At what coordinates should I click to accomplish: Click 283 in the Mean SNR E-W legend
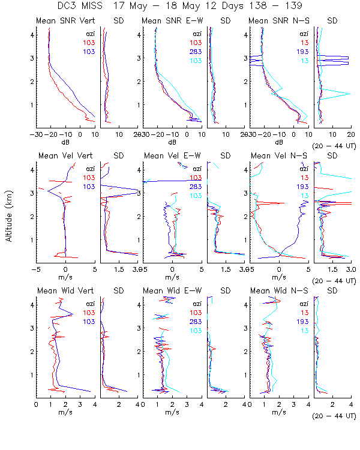[196, 52]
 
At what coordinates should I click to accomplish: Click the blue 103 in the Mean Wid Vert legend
[89, 322]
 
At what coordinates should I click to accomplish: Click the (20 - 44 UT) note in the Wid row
[334, 415]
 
